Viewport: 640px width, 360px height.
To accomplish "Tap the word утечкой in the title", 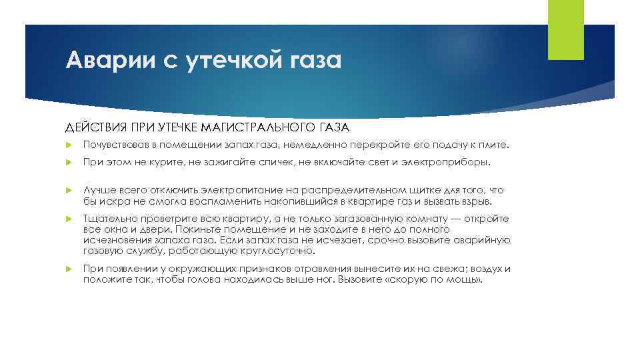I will pyautogui.click(x=230, y=61).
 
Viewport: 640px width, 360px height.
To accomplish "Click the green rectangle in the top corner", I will pyautogui.click(x=565, y=30).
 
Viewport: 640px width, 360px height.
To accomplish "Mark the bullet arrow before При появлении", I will pyautogui.click(x=69, y=269).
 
